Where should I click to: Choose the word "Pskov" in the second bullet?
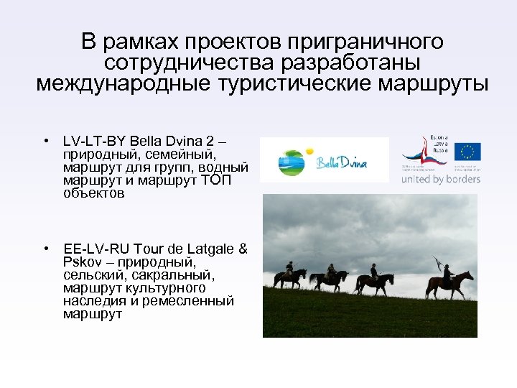coord(81,262)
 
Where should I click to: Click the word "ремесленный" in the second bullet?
coord(188,301)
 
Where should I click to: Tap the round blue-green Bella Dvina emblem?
coord(294,162)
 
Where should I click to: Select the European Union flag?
coord(468,152)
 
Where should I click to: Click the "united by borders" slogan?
coord(440,178)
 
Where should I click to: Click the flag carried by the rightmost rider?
coord(436,263)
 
